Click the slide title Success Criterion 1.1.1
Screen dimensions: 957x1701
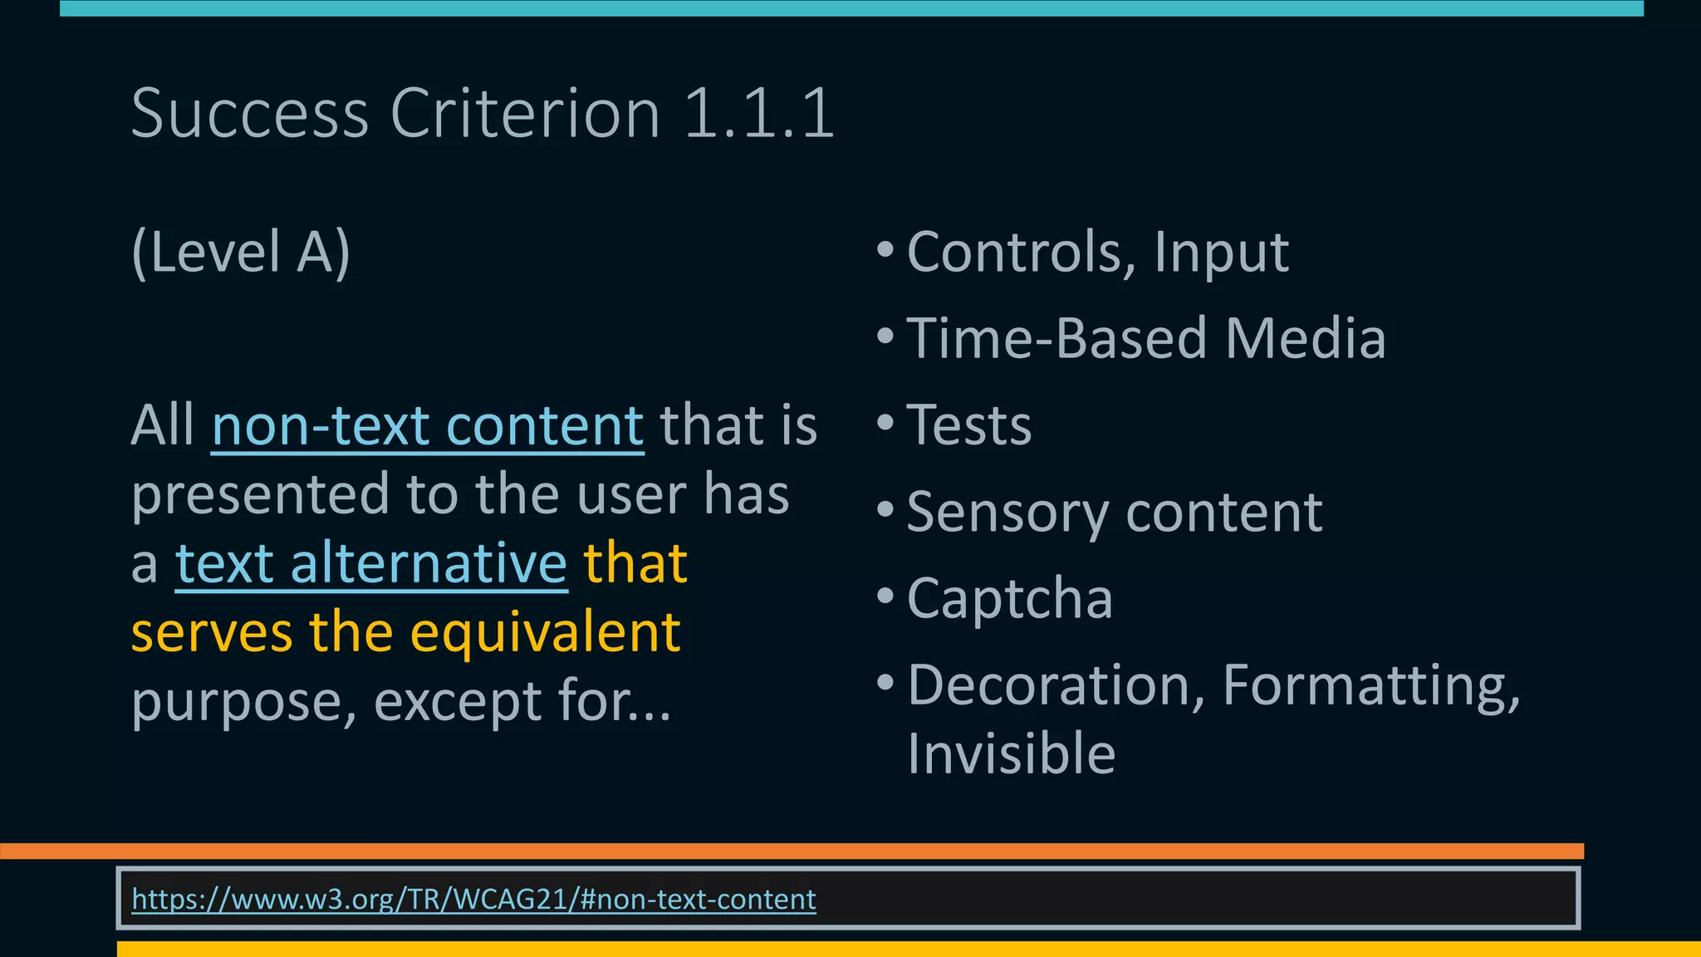point(482,113)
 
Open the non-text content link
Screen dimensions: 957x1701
point(428,425)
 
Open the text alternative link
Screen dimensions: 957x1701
point(371,563)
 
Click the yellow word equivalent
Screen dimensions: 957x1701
point(545,632)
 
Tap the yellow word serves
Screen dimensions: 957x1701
point(212,632)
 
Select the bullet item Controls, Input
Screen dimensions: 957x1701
point(1097,252)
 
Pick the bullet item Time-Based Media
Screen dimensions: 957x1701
point(1146,338)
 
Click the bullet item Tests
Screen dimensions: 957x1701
point(968,425)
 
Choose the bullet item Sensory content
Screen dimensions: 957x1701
point(1114,512)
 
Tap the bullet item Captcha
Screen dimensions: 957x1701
point(1009,598)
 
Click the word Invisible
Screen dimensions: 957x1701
point(1011,753)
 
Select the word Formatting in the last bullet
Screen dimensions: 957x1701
point(1370,685)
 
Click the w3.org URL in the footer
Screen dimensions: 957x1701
point(473,899)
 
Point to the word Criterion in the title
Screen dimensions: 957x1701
point(525,113)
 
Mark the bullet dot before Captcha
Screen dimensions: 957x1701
point(885,595)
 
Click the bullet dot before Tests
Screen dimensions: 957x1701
point(885,422)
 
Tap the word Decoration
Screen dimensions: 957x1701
point(1056,685)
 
